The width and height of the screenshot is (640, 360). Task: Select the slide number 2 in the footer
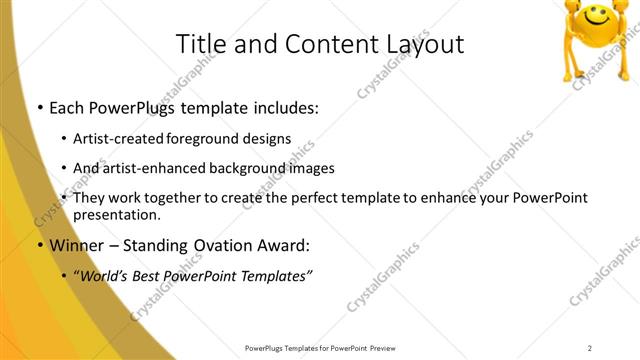pyautogui.click(x=590, y=348)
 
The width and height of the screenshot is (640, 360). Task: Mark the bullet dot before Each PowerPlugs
pyautogui.click(x=38, y=108)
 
